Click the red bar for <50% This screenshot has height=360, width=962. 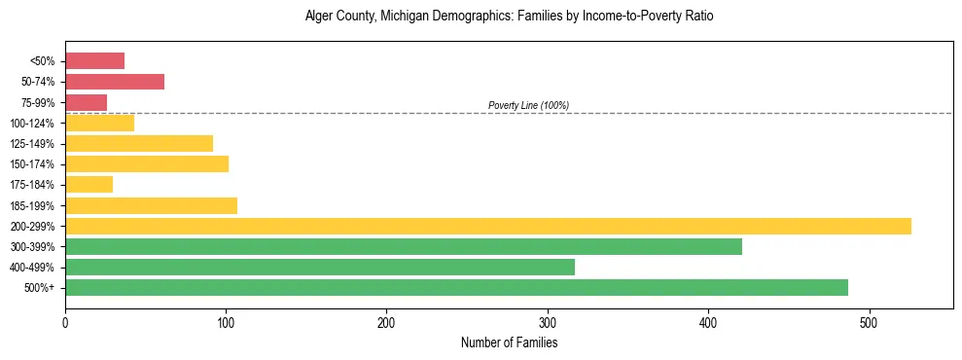(x=94, y=61)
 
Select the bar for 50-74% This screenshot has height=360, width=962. (x=115, y=82)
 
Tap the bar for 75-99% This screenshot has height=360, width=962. (x=86, y=102)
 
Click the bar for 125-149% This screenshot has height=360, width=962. (x=139, y=144)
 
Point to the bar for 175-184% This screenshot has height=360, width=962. (x=89, y=185)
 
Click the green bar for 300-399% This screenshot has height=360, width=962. (x=404, y=246)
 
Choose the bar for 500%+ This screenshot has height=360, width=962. (x=456, y=288)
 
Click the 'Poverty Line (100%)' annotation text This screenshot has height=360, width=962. (x=528, y=105)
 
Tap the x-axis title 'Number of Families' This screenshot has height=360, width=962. (x=509, y=342)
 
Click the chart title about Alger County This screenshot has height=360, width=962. (x=509, y=17)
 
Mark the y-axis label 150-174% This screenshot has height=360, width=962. (x=33, y=164)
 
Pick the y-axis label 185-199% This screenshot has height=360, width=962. (x=33, y=205)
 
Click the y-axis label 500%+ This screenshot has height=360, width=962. (x=40, y=288)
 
